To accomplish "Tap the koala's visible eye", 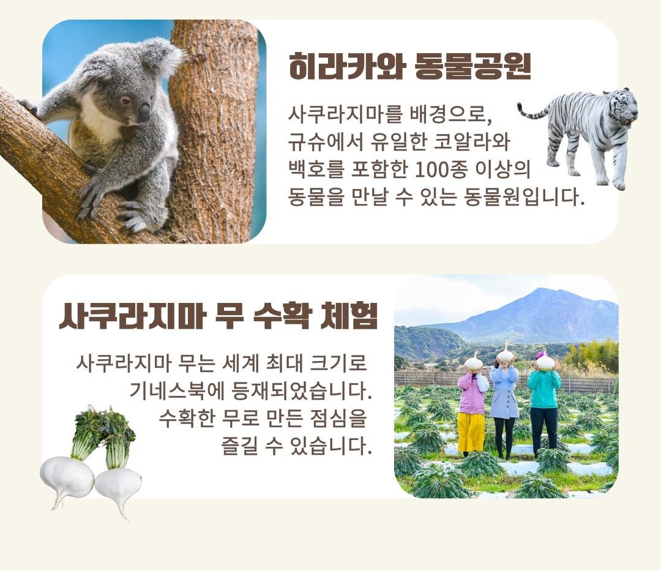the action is coord(125,101).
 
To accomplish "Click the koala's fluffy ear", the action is coord(162,56).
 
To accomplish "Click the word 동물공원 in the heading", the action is coord(473,67).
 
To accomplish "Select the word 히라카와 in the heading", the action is coord(346,67).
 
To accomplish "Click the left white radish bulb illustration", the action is coord(67,477).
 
